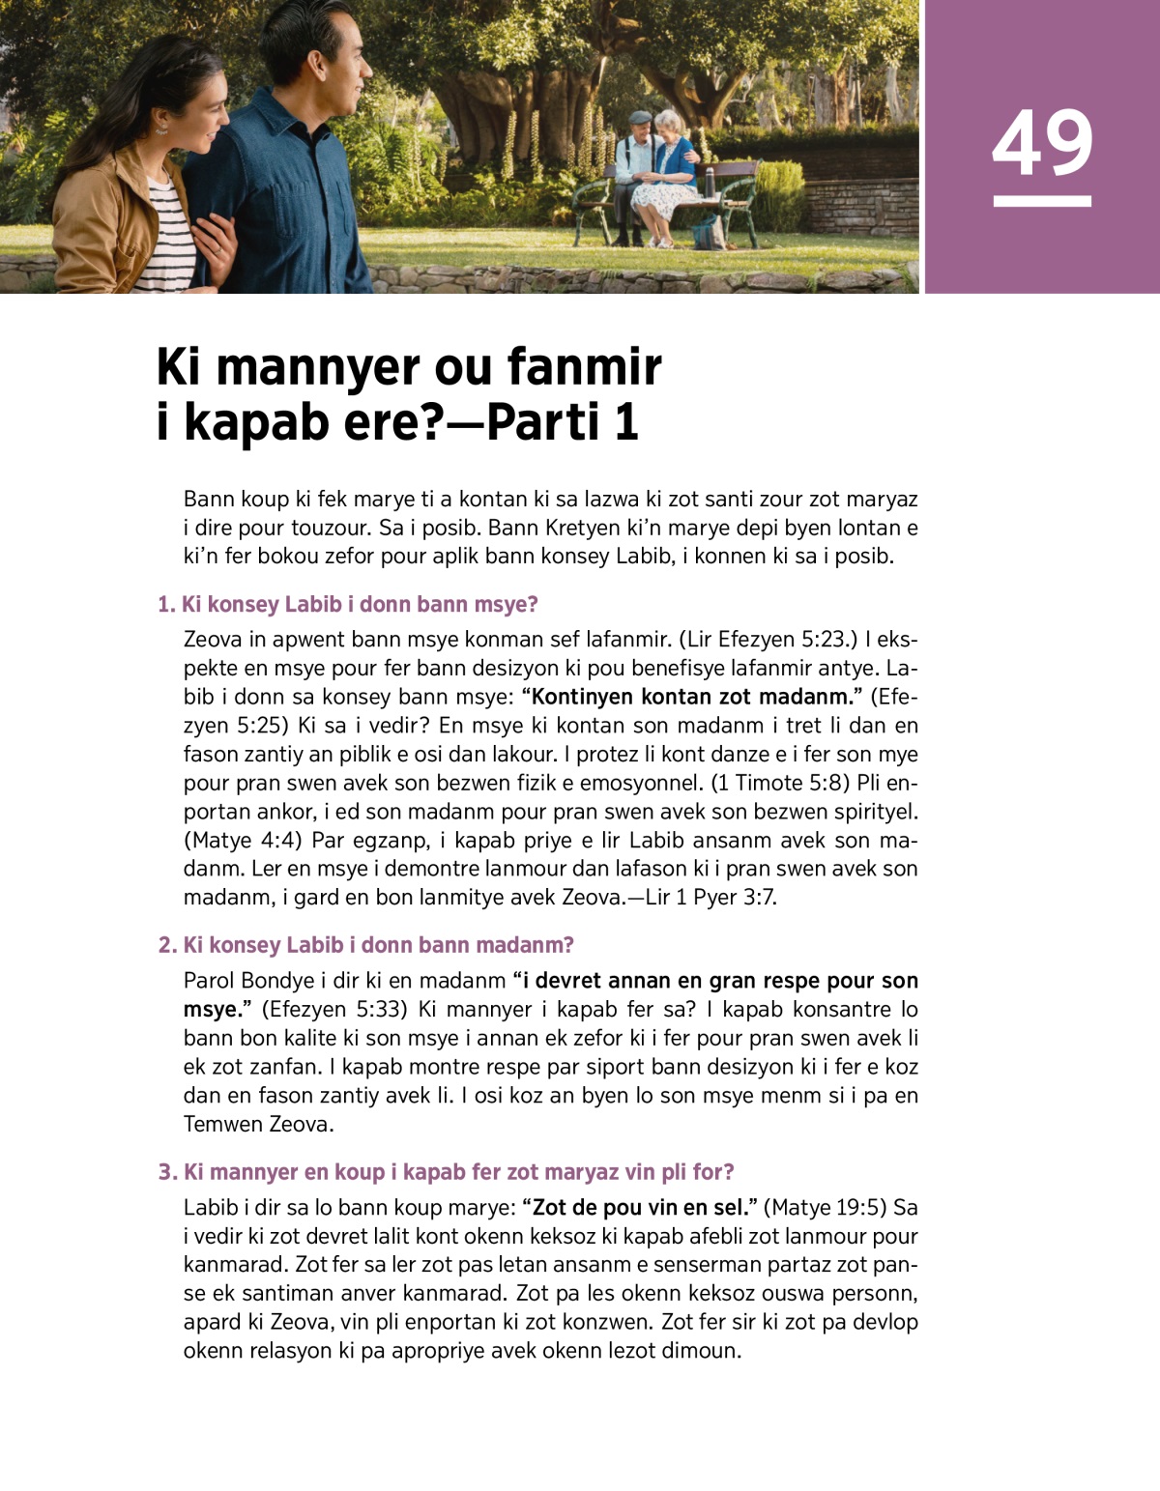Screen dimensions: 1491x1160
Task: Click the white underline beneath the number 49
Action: tap(1042, 201)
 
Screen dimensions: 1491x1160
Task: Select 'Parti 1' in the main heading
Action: tap(562, 422)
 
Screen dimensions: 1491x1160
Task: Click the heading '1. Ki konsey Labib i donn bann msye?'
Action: tap(348, 605)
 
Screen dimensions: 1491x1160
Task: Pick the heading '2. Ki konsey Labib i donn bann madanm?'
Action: tap(366, 945)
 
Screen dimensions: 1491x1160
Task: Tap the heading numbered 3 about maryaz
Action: tap(447, 1172)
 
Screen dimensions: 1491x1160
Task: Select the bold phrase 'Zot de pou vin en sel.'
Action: tap(639, 1207)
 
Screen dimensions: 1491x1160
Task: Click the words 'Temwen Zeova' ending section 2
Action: tap(258, 1124)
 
